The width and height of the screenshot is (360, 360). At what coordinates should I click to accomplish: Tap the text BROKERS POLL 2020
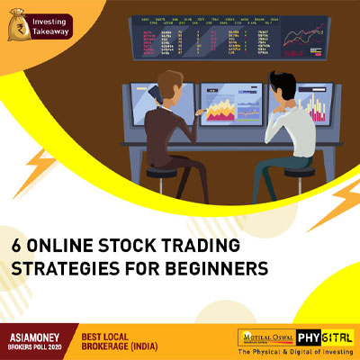(35, 344)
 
